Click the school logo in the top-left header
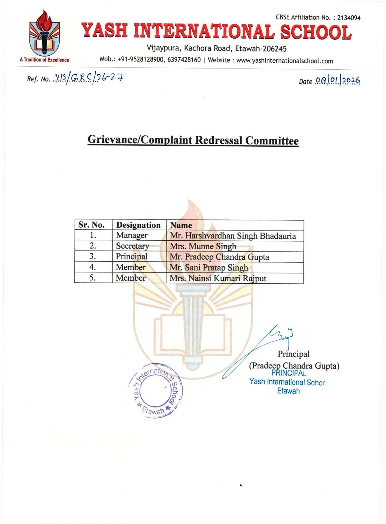[x=44, y=34]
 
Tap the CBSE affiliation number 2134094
[x=349, y=18]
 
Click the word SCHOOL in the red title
[x=316, y=32]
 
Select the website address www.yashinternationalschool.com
[x=284, y=61]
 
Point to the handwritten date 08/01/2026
[x=338, y=81]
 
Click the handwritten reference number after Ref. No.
[x=88, y=78]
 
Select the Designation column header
[x=138, y=225]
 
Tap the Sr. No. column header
[x=91, y=225]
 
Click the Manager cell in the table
[x=132, y=235]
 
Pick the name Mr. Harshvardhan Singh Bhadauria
[x=233, y=236]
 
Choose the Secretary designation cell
[x=132, y=246]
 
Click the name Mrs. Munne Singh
[x=203, y=246]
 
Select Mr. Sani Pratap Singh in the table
[x=209, y=268]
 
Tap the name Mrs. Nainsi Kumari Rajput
[x=218, y=278]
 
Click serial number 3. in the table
[x=93, y=256]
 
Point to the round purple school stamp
[x=156, y=390]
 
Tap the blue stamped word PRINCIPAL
[x=289, y=373]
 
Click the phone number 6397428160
[x=184, y=60]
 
